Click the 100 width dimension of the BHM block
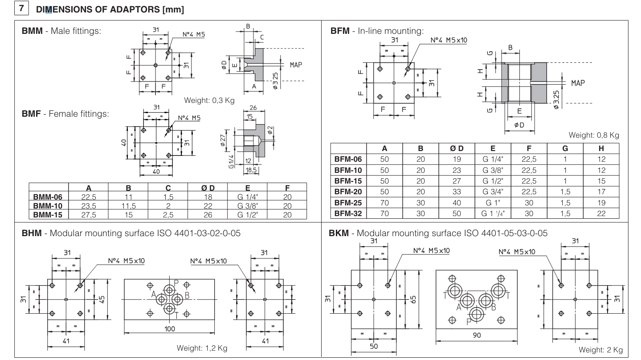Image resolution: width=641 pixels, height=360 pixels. point(169,329)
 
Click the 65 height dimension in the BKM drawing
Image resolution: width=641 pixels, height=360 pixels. point(413,299)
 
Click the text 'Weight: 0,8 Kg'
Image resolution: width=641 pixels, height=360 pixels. point(594,135)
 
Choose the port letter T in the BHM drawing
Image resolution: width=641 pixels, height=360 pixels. point(176,315)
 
